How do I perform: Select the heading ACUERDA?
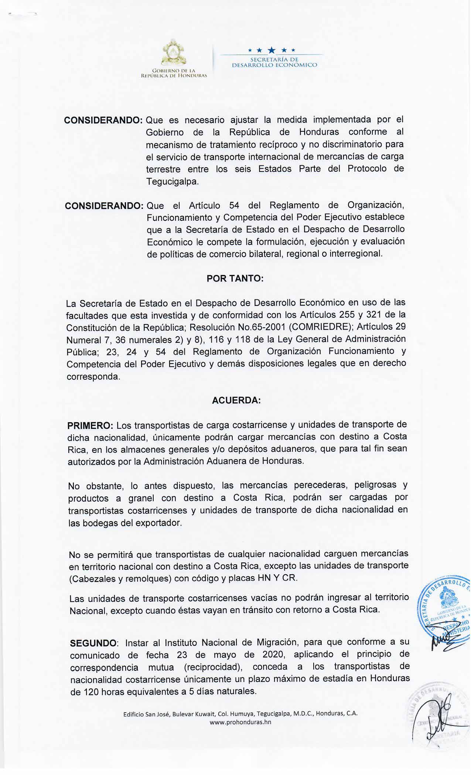pyautogui.click(x=236, y=400)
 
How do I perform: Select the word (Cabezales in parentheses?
pyautogui.click(x=92, y=578)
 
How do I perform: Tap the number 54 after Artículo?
pyautogui.click(x=235, y=205)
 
